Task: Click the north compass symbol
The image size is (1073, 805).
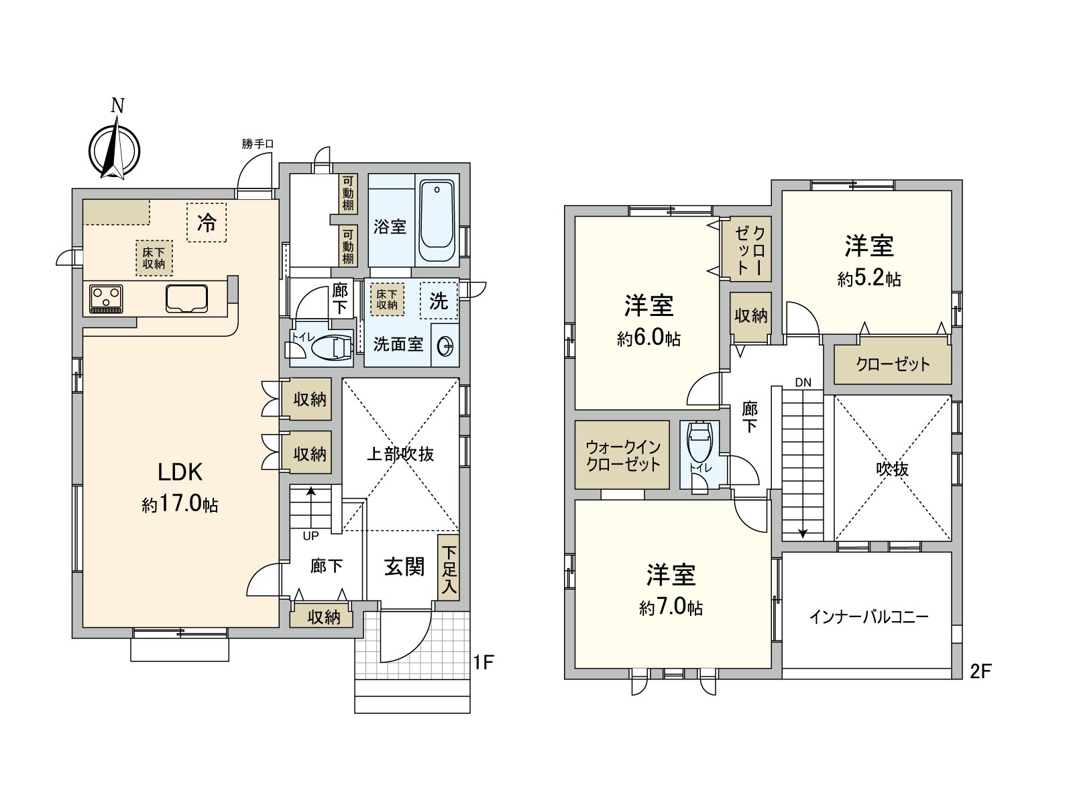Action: click(115, 149)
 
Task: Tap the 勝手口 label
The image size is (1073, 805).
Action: click(258, 144)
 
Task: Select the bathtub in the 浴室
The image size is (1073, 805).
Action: click(437, 221)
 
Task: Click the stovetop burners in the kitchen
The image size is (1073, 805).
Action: click(106, 299)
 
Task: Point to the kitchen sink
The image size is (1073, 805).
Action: click(187, 298)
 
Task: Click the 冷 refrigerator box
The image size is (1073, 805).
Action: click(207, 223)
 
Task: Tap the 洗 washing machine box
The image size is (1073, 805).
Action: click(439, 301)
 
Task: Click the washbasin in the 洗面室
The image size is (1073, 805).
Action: click(445, 346)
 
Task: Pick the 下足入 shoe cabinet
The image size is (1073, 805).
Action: click(449, 567)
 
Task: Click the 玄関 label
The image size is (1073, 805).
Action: click(404, 567)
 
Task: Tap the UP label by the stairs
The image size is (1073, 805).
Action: click(310, 536)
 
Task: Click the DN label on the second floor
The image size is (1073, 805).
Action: click(803, 383)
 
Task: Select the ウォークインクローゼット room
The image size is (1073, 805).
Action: click(623, 455)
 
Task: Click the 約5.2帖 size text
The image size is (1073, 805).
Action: click(868, 278)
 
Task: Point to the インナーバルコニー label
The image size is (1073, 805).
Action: click(868, 616)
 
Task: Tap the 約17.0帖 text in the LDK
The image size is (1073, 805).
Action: click(180, 504)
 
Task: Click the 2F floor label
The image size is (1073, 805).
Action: click(980, 671)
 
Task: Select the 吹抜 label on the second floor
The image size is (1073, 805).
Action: click(892, 469)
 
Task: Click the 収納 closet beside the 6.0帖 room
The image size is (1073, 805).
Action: click(750, 315)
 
